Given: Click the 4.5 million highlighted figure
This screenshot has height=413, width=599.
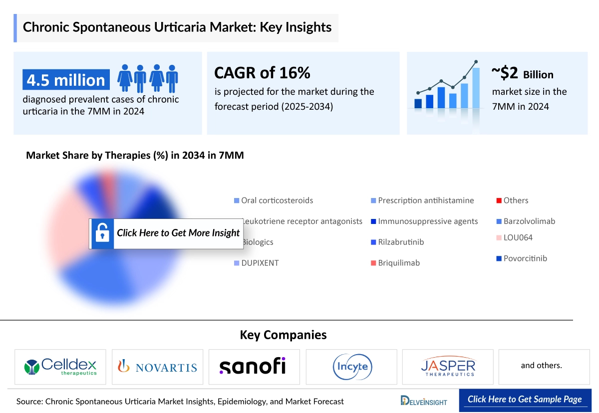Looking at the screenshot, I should pyautogui.click(x=66, y=80).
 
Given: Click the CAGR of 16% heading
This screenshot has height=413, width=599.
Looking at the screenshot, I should pyautogui.click(x=262, y=73).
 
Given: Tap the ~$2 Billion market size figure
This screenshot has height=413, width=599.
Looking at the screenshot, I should pyautogui.click(x=522, y=74).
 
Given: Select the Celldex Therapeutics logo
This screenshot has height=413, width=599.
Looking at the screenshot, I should pyautogui.click(x=60, y=367).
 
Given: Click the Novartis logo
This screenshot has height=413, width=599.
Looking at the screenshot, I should pyautogui.click(x=157, y=367).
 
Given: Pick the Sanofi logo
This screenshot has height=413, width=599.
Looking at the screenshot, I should pyautogui.click(x=253, y=366).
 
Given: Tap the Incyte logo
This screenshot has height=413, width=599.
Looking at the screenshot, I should pyautogui.click(x=351, y=367).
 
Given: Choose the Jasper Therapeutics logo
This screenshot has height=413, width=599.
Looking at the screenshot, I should pyautogui.click(x=448, y=367).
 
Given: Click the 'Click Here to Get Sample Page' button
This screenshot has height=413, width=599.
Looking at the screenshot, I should pyautogui.click(x=525, y=399).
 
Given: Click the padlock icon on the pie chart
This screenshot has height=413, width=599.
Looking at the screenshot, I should pyautogui.click(x=102, y=233).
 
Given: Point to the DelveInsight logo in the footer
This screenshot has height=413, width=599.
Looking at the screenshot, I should pyautogui.click(x=424, y=401).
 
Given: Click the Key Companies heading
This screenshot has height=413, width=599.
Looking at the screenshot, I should pyautogui.click(x=283, y=335).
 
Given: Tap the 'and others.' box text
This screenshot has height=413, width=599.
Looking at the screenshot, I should pyautogui.click(x=541, y=366).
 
